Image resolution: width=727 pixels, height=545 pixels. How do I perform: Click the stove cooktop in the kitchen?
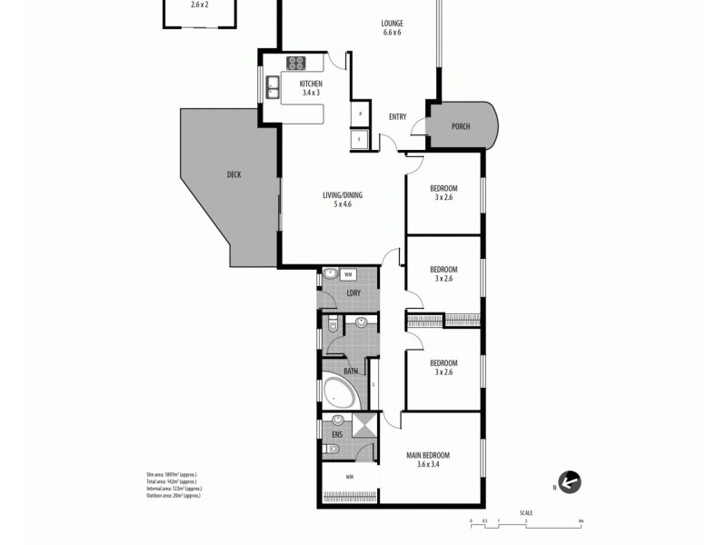(296, 63)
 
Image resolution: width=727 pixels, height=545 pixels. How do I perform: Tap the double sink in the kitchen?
(272, 87)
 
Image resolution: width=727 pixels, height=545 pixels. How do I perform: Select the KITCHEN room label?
(311, 84)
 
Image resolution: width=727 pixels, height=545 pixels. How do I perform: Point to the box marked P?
(361, 114)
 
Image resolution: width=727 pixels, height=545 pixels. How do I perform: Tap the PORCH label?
(461, 126)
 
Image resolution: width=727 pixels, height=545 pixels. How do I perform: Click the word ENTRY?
(397, 116)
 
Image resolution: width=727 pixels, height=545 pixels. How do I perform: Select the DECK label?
(234, 174)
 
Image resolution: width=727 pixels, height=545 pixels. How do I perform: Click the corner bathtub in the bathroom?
(341, 393)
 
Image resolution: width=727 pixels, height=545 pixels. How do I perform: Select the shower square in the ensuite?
(364, 425)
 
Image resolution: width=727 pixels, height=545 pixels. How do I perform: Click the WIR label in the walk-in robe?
(349, 477)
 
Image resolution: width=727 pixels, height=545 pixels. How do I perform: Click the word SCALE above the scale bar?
(526, 512)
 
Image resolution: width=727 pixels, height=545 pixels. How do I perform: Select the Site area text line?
(172, 474)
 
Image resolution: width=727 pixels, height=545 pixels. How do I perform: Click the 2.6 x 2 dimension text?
(200, 5)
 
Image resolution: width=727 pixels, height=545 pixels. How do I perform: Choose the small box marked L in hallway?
(373, 384)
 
